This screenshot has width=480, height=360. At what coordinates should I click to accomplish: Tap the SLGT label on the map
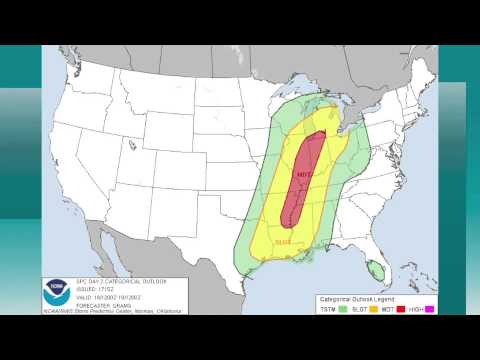[283, 240]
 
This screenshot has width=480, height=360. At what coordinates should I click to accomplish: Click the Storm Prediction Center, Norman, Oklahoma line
[120, 309]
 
